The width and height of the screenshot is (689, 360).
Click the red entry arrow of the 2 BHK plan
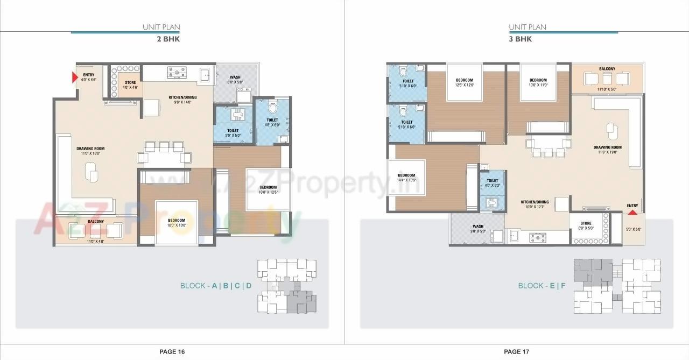point(75,78)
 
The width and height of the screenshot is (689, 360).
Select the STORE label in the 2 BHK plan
point(130,83)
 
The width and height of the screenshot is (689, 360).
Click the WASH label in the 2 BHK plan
point(235,77)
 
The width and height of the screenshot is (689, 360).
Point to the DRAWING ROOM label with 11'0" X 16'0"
point(90,149)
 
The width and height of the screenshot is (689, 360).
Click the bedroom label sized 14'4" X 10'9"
point(406,175)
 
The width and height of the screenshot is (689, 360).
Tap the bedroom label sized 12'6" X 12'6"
point(464,80)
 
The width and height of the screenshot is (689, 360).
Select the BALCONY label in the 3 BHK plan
point(607,69)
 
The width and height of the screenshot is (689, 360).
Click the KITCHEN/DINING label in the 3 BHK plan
point(535,202)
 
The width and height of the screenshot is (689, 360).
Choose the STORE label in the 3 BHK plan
point(586,223)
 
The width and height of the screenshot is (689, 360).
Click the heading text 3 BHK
point(521,39)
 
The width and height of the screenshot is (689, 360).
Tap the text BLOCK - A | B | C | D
point(215,286)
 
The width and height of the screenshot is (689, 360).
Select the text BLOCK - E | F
point(542,286)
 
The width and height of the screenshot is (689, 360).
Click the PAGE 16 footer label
point(172,351)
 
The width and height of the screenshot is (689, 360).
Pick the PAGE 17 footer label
point(516,351)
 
